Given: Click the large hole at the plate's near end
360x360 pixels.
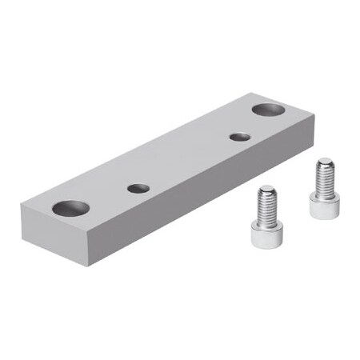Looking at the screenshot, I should pos(71,209).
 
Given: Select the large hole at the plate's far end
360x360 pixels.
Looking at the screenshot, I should pos(266,108).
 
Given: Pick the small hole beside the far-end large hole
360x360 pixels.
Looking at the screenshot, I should pos(238,137).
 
